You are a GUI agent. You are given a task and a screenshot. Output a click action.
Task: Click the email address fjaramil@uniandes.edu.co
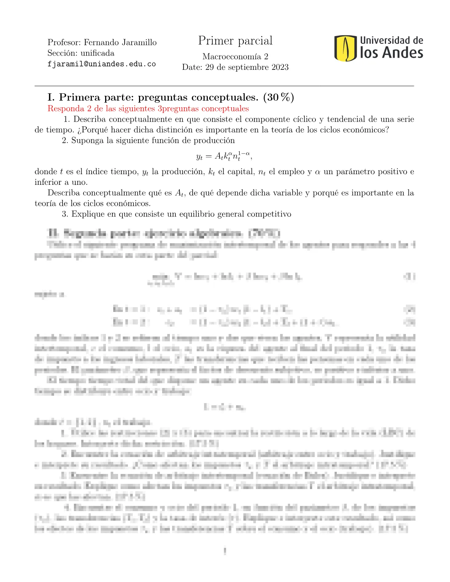point(101,64)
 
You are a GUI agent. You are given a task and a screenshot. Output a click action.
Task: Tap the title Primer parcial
point(235,40)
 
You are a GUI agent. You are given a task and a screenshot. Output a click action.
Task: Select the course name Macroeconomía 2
point(235,57)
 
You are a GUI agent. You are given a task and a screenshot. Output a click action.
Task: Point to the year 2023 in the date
point(280,67)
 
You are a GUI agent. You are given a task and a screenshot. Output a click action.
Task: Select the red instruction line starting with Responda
point(148,109)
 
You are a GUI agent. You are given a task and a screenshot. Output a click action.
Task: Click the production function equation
point(224,156)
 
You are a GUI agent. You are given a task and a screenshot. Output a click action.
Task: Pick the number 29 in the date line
point(209,67)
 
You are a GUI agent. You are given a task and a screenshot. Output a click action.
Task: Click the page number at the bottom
point(225,551)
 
